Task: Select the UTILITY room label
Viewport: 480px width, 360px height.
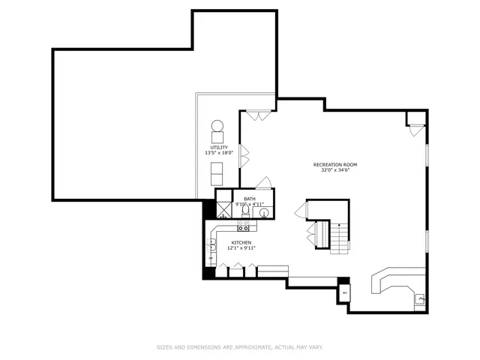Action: point(219,147)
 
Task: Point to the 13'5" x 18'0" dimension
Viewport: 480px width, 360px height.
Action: point(219,153)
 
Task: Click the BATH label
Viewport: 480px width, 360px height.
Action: point(249,199)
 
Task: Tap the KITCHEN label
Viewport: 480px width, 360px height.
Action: point(241,242)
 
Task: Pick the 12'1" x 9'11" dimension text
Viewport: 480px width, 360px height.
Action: point(241,248)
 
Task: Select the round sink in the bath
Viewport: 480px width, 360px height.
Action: point(264,213)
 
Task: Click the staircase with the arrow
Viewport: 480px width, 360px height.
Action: point(340,238)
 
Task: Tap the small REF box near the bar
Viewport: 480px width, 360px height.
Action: point(344,292)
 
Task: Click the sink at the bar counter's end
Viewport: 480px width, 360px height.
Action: point(421,300)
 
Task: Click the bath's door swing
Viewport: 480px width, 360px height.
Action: point(262,183)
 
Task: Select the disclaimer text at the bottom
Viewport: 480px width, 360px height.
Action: point(239,347)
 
